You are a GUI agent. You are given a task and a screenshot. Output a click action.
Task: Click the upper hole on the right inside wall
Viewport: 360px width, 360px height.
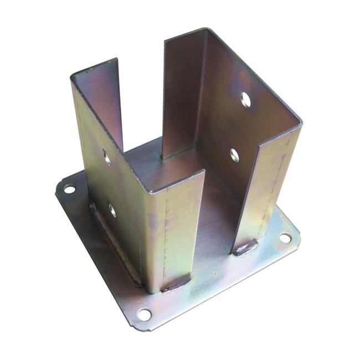point(245,100)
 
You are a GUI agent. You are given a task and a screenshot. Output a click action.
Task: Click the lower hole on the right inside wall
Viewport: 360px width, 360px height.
point(235,156)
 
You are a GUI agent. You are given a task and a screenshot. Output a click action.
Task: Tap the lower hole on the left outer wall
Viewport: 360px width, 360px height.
point(112,210)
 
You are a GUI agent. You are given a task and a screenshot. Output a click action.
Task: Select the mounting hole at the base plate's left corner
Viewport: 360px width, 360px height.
point(70,189)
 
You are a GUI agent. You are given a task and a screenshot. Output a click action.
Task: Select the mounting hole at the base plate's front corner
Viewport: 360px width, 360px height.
point(144,315)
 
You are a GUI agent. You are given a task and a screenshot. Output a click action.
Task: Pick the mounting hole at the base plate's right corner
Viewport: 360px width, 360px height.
point(285,238)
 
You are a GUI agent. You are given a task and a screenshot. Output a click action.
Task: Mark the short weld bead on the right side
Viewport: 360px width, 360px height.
point(245,248)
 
